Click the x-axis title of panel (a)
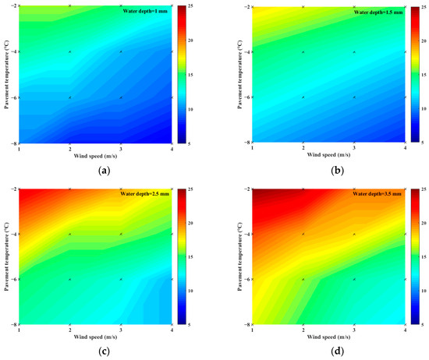(x=95, y=154)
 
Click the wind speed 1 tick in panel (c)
(x=19, y=331)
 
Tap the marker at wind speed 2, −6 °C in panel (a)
(x=69, y=97)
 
